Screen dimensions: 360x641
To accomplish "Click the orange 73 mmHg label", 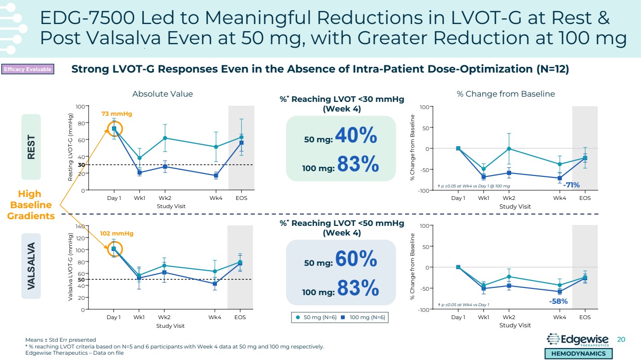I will (x=116, y=114).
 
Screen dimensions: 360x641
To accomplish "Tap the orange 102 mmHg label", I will (x=116, y=234).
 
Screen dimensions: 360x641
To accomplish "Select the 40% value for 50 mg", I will (x=356, y=137).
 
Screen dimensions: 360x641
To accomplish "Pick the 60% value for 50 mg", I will (x=356, y=260).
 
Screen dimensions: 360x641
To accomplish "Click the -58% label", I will (x=558, y=301).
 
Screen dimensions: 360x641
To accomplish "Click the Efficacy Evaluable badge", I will (x=27, y=70).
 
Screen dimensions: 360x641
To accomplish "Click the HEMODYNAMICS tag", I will (x=578, y=353).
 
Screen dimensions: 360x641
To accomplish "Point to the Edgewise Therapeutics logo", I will (x=578, y=340).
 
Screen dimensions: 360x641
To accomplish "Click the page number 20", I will (x=621, y=339).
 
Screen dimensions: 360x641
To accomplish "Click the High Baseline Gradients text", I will (x=31, y=205).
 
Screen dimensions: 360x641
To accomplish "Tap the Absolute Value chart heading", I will (x=163, y=94).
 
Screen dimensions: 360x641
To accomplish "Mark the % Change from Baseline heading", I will (x=505, y=94).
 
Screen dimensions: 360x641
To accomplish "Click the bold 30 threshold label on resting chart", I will (x=82, y=165).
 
